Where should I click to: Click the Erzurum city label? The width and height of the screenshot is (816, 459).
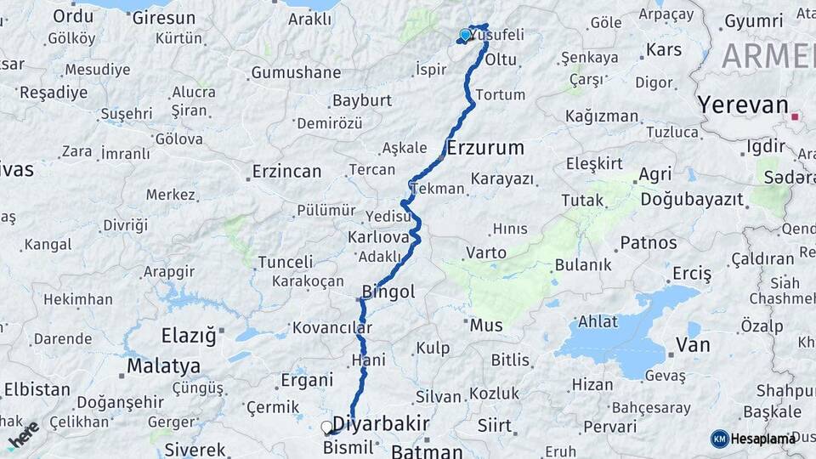tap(485, 147)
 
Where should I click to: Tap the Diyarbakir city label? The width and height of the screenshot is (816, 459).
tap(380, 423)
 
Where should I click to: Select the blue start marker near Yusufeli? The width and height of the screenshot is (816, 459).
tap(465, 35)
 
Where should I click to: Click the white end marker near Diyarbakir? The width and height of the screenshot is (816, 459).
tap(326, 427)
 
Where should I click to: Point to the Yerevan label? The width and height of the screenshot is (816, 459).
tap(743, 105)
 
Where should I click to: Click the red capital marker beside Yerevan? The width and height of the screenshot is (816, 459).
tap(795, 116)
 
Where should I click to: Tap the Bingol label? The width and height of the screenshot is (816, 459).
tap(388, 292)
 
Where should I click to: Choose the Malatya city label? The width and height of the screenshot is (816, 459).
tap(163, 366)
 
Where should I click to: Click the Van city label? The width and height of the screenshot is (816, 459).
tap(693, 344)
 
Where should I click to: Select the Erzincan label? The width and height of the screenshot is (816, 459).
tap(286, 172)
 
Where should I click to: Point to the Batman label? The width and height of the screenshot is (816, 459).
tap(427, 451)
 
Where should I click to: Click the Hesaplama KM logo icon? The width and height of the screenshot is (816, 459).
tap(720, 439)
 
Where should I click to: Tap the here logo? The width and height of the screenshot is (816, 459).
tap(24, 433)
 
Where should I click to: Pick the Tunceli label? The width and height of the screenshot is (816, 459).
tap(286, 261)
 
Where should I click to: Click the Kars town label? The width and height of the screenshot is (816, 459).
tap(664, 49)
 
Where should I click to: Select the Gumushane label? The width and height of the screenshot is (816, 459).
tap(295, 73)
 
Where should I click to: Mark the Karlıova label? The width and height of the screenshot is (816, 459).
tap(378, 236)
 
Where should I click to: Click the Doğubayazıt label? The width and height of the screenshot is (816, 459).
tap(692, 200)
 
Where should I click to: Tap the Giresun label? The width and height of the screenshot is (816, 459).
tap(164, 16)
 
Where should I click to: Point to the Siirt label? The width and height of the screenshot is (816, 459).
tap(494, 425)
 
